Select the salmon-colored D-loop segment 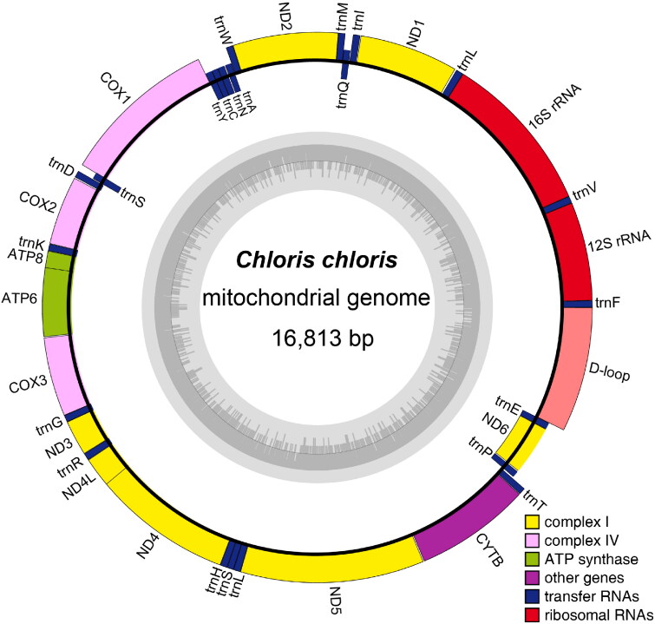coord(568,369)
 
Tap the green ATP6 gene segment coord(56,302)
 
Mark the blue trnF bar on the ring coord(578,305)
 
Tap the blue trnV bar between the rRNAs coord(557,203)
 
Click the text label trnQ coord(344,95)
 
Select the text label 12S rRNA coord(619,241)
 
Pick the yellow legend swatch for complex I coord(532,522)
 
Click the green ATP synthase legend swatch coord(532,559)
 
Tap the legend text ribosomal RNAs coord(599,614)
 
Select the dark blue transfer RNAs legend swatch coord(532,596)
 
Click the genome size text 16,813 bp coord(323,338)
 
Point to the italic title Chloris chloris coord(317,259)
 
